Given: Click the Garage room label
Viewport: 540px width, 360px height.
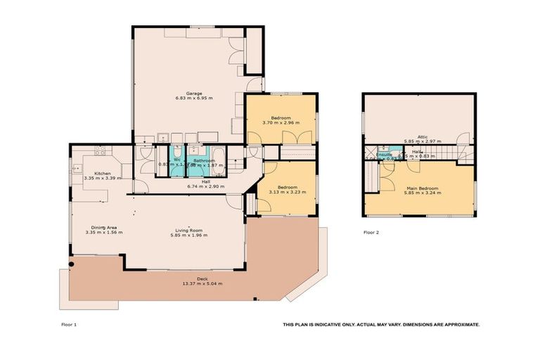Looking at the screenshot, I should pyautogui.click(x=194, y=93).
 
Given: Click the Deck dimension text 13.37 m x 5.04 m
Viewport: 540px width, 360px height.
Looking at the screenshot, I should pyautogui.click(x=202, y=283).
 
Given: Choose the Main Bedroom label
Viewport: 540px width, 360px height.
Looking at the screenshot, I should pyautogui.click(x=423, y=188).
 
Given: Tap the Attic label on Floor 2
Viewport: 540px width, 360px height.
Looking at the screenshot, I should pyautogui.click(x=423, y=136).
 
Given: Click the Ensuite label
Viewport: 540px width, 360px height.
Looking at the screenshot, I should pyautogui.click(x=384, y=154).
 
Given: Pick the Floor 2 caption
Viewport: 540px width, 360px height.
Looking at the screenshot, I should pyautogui.click(x=371, y=231).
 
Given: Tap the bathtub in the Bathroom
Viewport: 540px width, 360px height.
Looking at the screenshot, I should pyautogui.click(x=217, y=162).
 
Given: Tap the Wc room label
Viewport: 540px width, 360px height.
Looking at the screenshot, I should pyautogui.click(x=177, y=160).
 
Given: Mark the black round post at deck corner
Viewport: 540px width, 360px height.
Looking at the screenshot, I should pyautogui.click(x=72, y=264).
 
